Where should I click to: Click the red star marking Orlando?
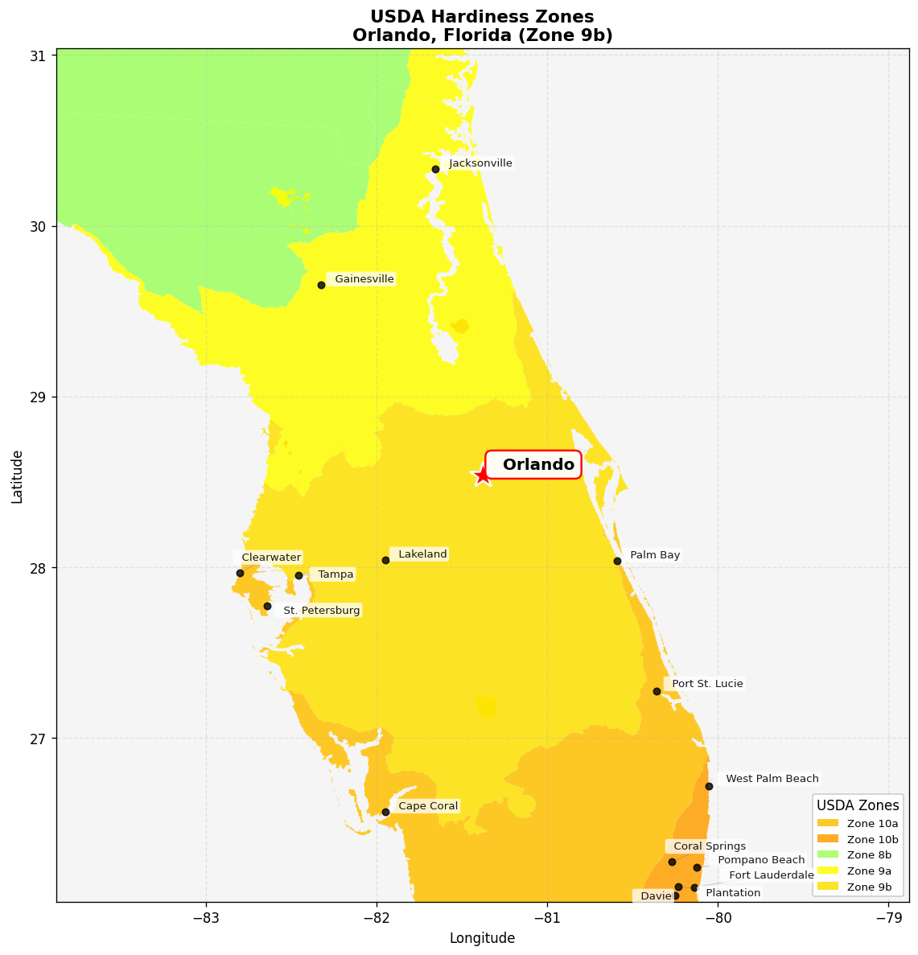click(482, 475)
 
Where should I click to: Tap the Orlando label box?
click(533, 464)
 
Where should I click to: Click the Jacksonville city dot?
click(435, 169)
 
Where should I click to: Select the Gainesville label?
click(364, 279)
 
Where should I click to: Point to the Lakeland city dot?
click(385, 560)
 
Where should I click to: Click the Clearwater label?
click(270, 558)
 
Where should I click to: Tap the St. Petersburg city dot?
click(267, 606)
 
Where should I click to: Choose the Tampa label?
click(336, 574)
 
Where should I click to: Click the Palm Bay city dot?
click(617, 561)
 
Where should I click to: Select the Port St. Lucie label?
click(706, 684)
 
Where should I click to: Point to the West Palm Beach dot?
click(709, 786)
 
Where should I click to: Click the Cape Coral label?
click(427, 806)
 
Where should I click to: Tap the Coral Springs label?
click(709, 846)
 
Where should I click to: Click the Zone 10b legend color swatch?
click(827, 839)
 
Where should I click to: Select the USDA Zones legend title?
click(858, 805)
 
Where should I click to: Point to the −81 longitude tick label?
click(547, 919)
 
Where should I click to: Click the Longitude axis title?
click(482, 938)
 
